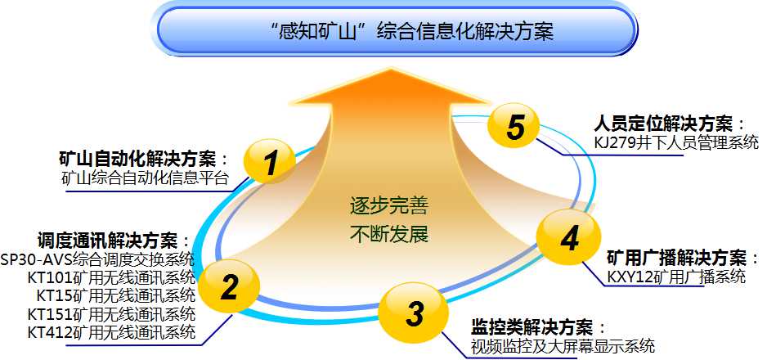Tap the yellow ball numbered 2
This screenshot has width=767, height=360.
(230, 286)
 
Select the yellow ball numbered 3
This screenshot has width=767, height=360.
(414, 313)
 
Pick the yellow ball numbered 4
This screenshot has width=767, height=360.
(568, 238)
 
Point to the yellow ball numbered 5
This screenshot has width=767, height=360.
(514, 126)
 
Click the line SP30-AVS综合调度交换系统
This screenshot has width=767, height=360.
(97, 259)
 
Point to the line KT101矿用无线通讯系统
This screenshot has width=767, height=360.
(111, 277)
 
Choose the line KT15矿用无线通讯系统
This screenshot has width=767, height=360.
(115, 295)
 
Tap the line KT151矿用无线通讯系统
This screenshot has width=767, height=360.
(111, 313)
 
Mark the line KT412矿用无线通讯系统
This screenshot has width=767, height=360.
(111, 332)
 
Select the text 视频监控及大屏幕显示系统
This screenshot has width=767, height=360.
(563, 346)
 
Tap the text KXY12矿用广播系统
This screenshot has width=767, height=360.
(676, 277)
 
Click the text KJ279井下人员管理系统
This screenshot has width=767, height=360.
(676, 143)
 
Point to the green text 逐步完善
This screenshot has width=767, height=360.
(389, 207)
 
